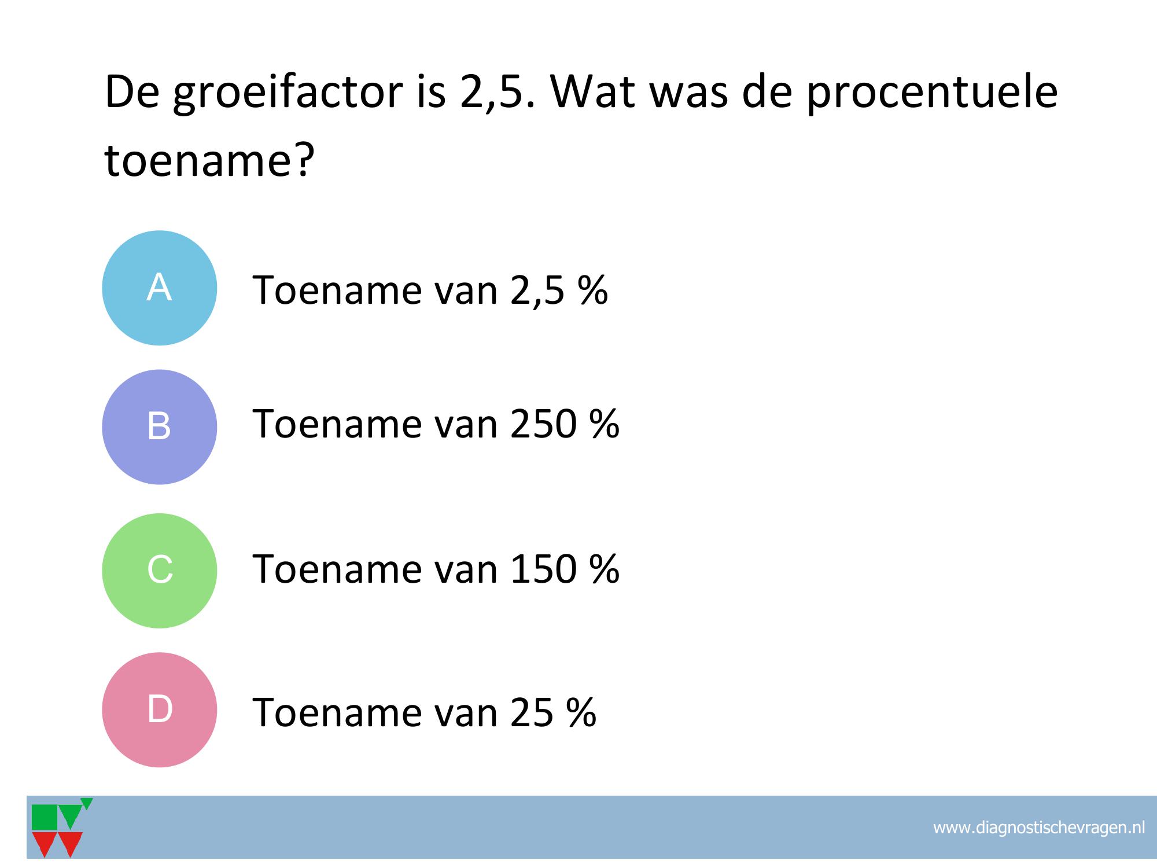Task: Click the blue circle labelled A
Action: [159, 288]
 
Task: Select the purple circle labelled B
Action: [159, 427]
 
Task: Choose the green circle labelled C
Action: [159, 571]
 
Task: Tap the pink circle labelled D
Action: [159, 709]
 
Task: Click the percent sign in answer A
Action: [592, 290]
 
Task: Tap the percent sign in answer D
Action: [581, 712]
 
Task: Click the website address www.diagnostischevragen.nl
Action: [1039, 827]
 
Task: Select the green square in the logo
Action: [45, 817]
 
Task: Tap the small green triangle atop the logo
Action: [87, 803]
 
